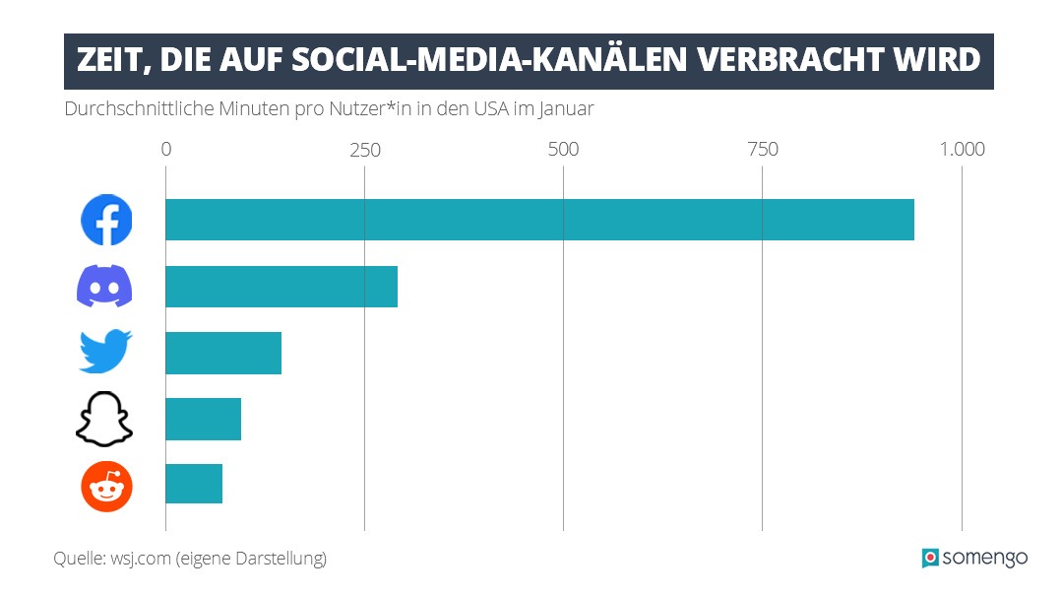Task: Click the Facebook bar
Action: (539, 220)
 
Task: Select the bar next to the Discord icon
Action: (281, 287)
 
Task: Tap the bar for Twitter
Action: (223, 353)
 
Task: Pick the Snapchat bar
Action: (203, 420)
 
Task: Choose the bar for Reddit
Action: (194, 484)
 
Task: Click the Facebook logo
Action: (105, 220)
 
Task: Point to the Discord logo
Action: (105, 287)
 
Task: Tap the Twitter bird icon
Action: (105, 353)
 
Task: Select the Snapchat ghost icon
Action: (105, 420)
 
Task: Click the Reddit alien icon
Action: (105, 486)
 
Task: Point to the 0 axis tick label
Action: (165, 150)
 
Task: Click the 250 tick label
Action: (364, 150)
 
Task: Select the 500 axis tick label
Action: (563, 150)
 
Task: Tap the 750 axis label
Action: (762, 150)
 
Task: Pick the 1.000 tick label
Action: (961, 150)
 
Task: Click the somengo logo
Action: (973, 558)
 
